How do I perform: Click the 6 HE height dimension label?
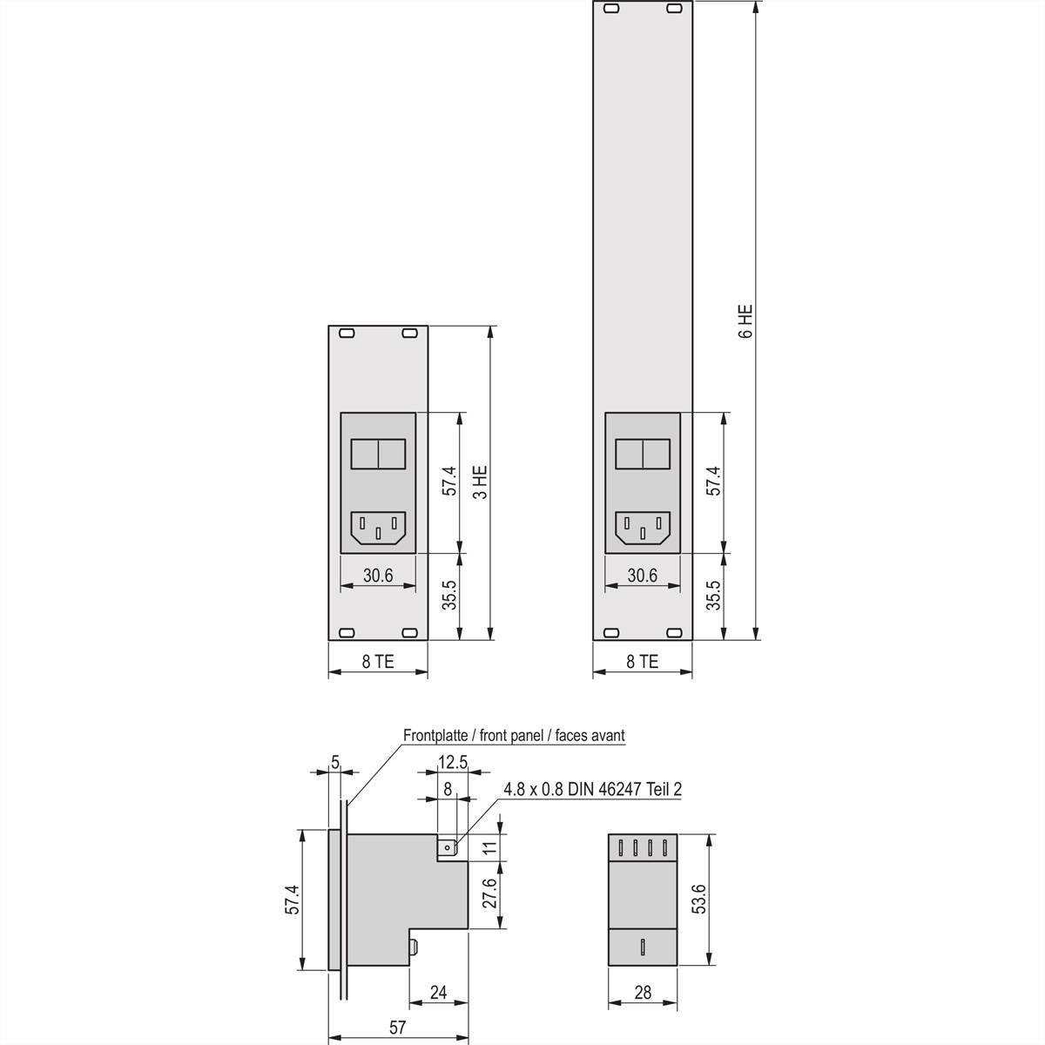(x=745, y=320)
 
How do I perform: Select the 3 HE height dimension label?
(x=480, y=482)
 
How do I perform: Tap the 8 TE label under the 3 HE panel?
(x=378, y=662)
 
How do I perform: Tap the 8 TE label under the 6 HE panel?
(x=643, y=662)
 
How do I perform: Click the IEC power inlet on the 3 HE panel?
(x=378, y=528)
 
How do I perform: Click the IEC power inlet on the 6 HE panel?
(x=643, y=528)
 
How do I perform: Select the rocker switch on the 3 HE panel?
(x=378, y=455)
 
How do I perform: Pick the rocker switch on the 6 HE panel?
(x=643, y=455)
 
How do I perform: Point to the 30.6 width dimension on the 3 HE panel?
(x=378, y=576)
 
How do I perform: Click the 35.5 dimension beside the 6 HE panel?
(x=713, y=596)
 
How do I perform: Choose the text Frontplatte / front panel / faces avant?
(x=514, y=735)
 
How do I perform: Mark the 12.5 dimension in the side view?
(x=452, y=763)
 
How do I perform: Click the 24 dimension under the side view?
(x=438, y=993)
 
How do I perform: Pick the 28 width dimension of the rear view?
(x=643, y=993)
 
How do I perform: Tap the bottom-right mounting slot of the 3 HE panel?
(x=409, y=633)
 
